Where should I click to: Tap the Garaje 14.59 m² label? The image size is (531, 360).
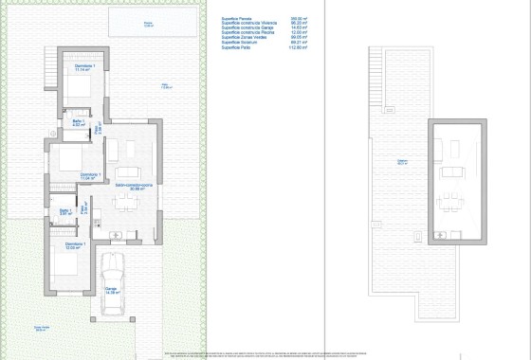pyautogui.click(x=112, y=292)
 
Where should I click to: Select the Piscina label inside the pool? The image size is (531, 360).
pyautogui.click(x=147, y=24)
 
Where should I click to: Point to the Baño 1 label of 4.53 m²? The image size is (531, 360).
pyautogui.click(x=79, y=123)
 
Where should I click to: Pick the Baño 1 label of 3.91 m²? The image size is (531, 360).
pyautogui.click(x=64, y=212)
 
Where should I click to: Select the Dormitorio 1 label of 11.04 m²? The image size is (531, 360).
pyautogui.click(x=90, y=175)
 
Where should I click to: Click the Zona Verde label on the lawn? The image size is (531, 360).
pyautogui.click(x=40, y=329)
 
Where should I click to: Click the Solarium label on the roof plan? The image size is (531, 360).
pyautogui.click(x=402, y=162)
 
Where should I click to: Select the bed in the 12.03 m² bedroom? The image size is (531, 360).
pyautogui.click(x=59, y=266)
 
